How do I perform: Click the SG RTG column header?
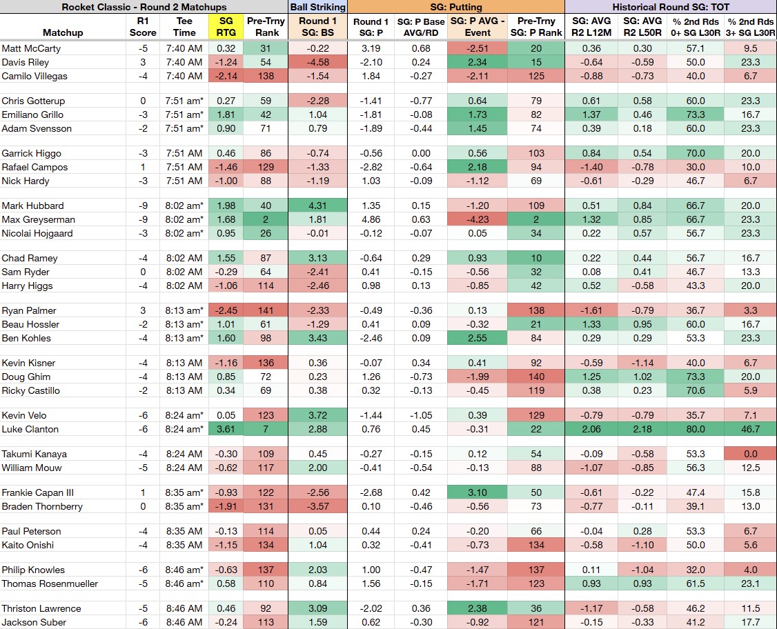[x=226, y=27]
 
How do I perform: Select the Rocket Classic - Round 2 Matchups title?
[x=144, y=7]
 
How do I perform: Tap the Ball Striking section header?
[x=317, y=7]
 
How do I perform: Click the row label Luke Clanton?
[x=30, y=429]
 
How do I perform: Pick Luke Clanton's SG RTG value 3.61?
[x=226, y=429]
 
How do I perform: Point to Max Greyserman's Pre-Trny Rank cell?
[x=266, y=219]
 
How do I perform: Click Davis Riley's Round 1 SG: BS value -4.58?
[x=317, y=62]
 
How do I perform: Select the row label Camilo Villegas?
[x=35, y=77]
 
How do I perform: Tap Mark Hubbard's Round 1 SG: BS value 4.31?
[x=317, y=206]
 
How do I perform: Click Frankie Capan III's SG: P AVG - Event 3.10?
[x=478, y=492]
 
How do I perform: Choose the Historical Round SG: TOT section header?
[x=671, y=7]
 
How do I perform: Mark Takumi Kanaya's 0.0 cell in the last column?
[x=750, y=454]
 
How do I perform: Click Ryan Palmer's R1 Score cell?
[x=143, y=310]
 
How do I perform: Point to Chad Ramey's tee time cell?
[x=184, y=258]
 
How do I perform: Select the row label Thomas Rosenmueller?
[x=50, y=583]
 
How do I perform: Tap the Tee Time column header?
[x=184, y=27]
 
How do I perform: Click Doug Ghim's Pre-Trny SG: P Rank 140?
[x=536, y=377]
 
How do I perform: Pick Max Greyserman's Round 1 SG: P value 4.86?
[x=371, y=219]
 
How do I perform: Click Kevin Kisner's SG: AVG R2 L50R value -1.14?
[x=642, y=363]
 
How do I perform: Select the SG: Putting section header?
[x=456, y=7]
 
